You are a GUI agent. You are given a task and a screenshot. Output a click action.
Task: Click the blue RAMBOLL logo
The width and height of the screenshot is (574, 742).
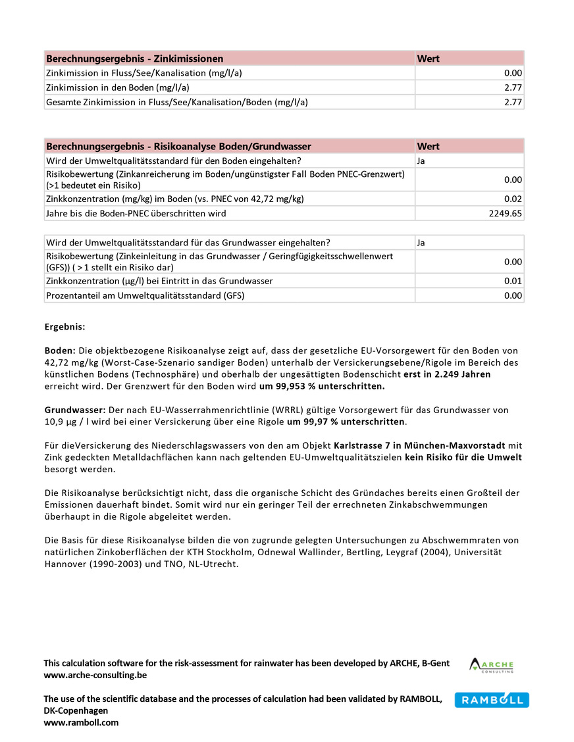pyautogui.click(x=491, y=700)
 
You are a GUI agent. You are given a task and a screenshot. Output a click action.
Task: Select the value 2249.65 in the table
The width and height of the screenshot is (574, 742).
pyautogui.click(x=504, y=213)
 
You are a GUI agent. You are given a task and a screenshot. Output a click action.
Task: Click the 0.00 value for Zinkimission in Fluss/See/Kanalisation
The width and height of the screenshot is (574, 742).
pyautogui.click(x=513, y=73)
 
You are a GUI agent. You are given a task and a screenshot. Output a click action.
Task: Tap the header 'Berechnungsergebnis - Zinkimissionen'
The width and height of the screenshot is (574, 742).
pyautogui.click(x=134, y=59)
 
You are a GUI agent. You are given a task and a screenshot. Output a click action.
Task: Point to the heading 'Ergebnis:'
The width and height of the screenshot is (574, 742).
pyautogui.click(x=65, y=327)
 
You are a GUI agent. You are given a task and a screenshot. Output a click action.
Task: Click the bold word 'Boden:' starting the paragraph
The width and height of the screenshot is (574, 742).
pyautogui.click(x=60, y=351)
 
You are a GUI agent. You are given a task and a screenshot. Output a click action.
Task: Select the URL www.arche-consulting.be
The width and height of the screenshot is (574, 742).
pyautogui.click(x=95, y=675)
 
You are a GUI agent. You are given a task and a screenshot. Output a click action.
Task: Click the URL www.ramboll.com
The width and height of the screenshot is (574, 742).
pyautogui.click(x=81, y=722)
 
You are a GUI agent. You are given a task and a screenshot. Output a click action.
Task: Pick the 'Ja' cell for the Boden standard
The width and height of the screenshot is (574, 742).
pyautogui.click(x=421, y=161)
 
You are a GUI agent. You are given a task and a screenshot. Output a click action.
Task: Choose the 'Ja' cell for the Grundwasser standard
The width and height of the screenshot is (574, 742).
pyautogui.click(x=421, y=243)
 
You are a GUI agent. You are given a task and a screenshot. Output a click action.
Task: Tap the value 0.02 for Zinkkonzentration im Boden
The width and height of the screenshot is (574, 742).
pyautogui.click(x=513, y=199)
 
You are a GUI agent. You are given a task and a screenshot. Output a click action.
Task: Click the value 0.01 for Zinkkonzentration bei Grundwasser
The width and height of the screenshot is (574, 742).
pyautogui.click(x=513, y=281)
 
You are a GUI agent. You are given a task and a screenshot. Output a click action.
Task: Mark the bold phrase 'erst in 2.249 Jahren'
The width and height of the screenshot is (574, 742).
pyautogui.click(x=447, y=374)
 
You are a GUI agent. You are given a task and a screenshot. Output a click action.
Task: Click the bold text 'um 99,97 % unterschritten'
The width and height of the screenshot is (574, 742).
pyautogui.click(x=346, y=422)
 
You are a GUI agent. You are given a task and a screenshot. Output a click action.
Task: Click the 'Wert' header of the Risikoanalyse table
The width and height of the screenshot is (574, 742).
pyautogui.click(x=428, y=146)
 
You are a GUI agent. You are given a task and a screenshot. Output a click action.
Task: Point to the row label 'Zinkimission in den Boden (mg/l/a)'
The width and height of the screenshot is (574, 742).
pyautogui.click(x=117, y=87)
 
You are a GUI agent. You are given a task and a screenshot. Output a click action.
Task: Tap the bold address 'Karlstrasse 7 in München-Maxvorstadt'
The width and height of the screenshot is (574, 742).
pyautogui.click(x=419, y=445)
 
